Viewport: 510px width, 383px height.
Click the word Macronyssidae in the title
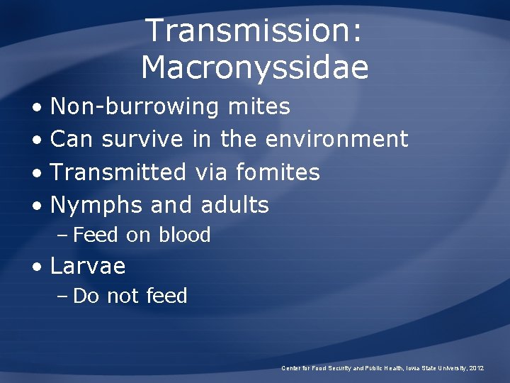254,68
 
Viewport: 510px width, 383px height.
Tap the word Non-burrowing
135,106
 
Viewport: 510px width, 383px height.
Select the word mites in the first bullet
259,106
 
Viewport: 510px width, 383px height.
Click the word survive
142,139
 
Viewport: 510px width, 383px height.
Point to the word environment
336,139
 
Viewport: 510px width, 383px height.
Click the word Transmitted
118,172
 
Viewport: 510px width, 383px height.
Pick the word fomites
278,172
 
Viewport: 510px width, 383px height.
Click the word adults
235,205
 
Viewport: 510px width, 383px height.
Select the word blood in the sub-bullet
185,235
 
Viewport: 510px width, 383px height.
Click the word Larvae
88,266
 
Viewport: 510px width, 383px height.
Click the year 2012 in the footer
475,368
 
